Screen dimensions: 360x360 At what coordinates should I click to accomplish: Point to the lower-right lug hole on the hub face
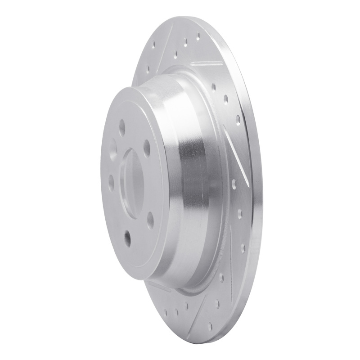pyautogui.click(x=150, y=220)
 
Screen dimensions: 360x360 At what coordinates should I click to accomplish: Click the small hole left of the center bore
pyautogui.click(x=111, y=182)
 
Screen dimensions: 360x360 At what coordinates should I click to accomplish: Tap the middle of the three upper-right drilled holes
pyautogui.click(x=226, y=99)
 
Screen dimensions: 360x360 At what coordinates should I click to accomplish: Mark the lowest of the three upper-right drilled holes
pyautogui.click(x=238, y=119)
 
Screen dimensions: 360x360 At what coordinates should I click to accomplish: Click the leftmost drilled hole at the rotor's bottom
pyautogui.click(x=166, y=310)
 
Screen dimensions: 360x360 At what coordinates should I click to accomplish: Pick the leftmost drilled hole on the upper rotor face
pyautogui.click(x=153, y=45)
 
